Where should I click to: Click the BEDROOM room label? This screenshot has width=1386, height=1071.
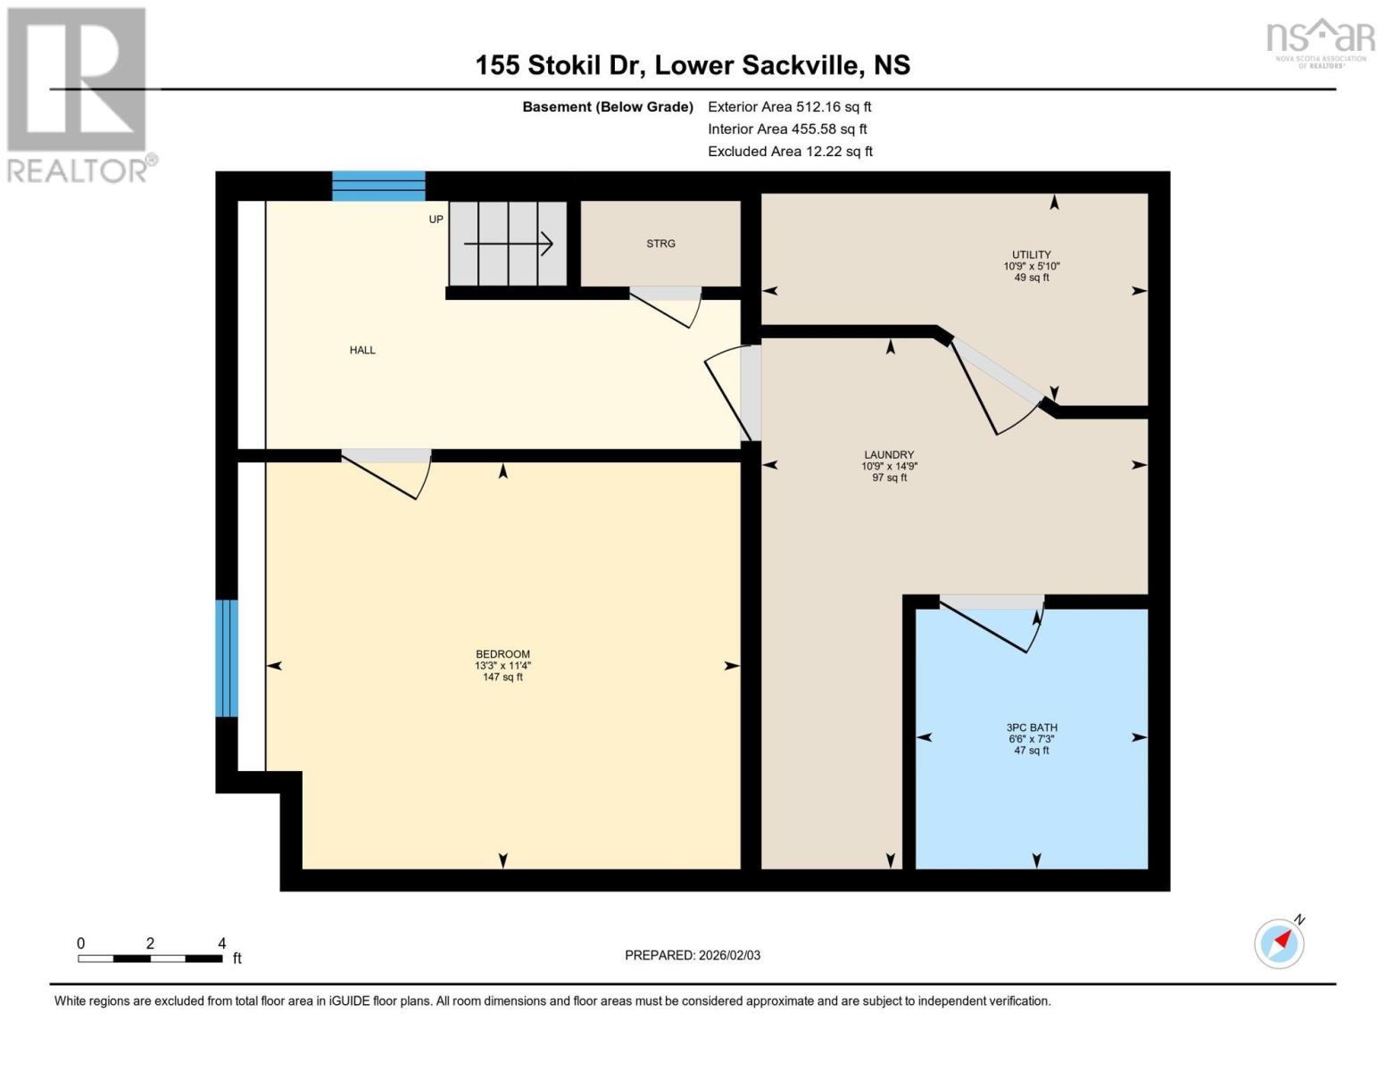[x=502, y=654]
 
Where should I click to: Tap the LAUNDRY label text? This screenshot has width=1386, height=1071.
[x=889, y=455]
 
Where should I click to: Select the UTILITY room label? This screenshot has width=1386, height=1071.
[x=1032, y=254]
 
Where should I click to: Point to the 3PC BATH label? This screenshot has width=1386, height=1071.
[x=1032, y=727]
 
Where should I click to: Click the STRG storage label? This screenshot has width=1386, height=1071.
[x=660, y=244]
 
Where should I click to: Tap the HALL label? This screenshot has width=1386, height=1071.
[x=362, y=350]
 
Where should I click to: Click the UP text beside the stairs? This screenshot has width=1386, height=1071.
[x=436, y=220]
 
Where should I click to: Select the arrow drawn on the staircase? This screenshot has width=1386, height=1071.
[x=508, y=244]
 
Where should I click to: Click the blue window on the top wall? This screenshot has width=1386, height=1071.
[x=379, y=187]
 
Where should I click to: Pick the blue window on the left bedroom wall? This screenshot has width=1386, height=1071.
[x=227, y=659]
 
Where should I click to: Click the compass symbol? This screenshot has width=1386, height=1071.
[x=1280, y=943]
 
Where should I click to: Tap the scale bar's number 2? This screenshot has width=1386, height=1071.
[x=150, y=943]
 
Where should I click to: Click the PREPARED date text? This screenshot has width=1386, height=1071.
[x=693, y=955]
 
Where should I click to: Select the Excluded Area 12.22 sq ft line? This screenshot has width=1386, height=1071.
[x=790, y=151]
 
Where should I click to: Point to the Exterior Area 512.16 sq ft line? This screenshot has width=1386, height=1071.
[x=789, y=106]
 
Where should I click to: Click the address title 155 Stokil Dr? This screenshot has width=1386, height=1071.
[x=559, y=65]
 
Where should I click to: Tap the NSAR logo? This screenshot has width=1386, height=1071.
[x=1321, y=43]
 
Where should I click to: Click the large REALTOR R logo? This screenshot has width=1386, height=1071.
[x=77, y=80]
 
